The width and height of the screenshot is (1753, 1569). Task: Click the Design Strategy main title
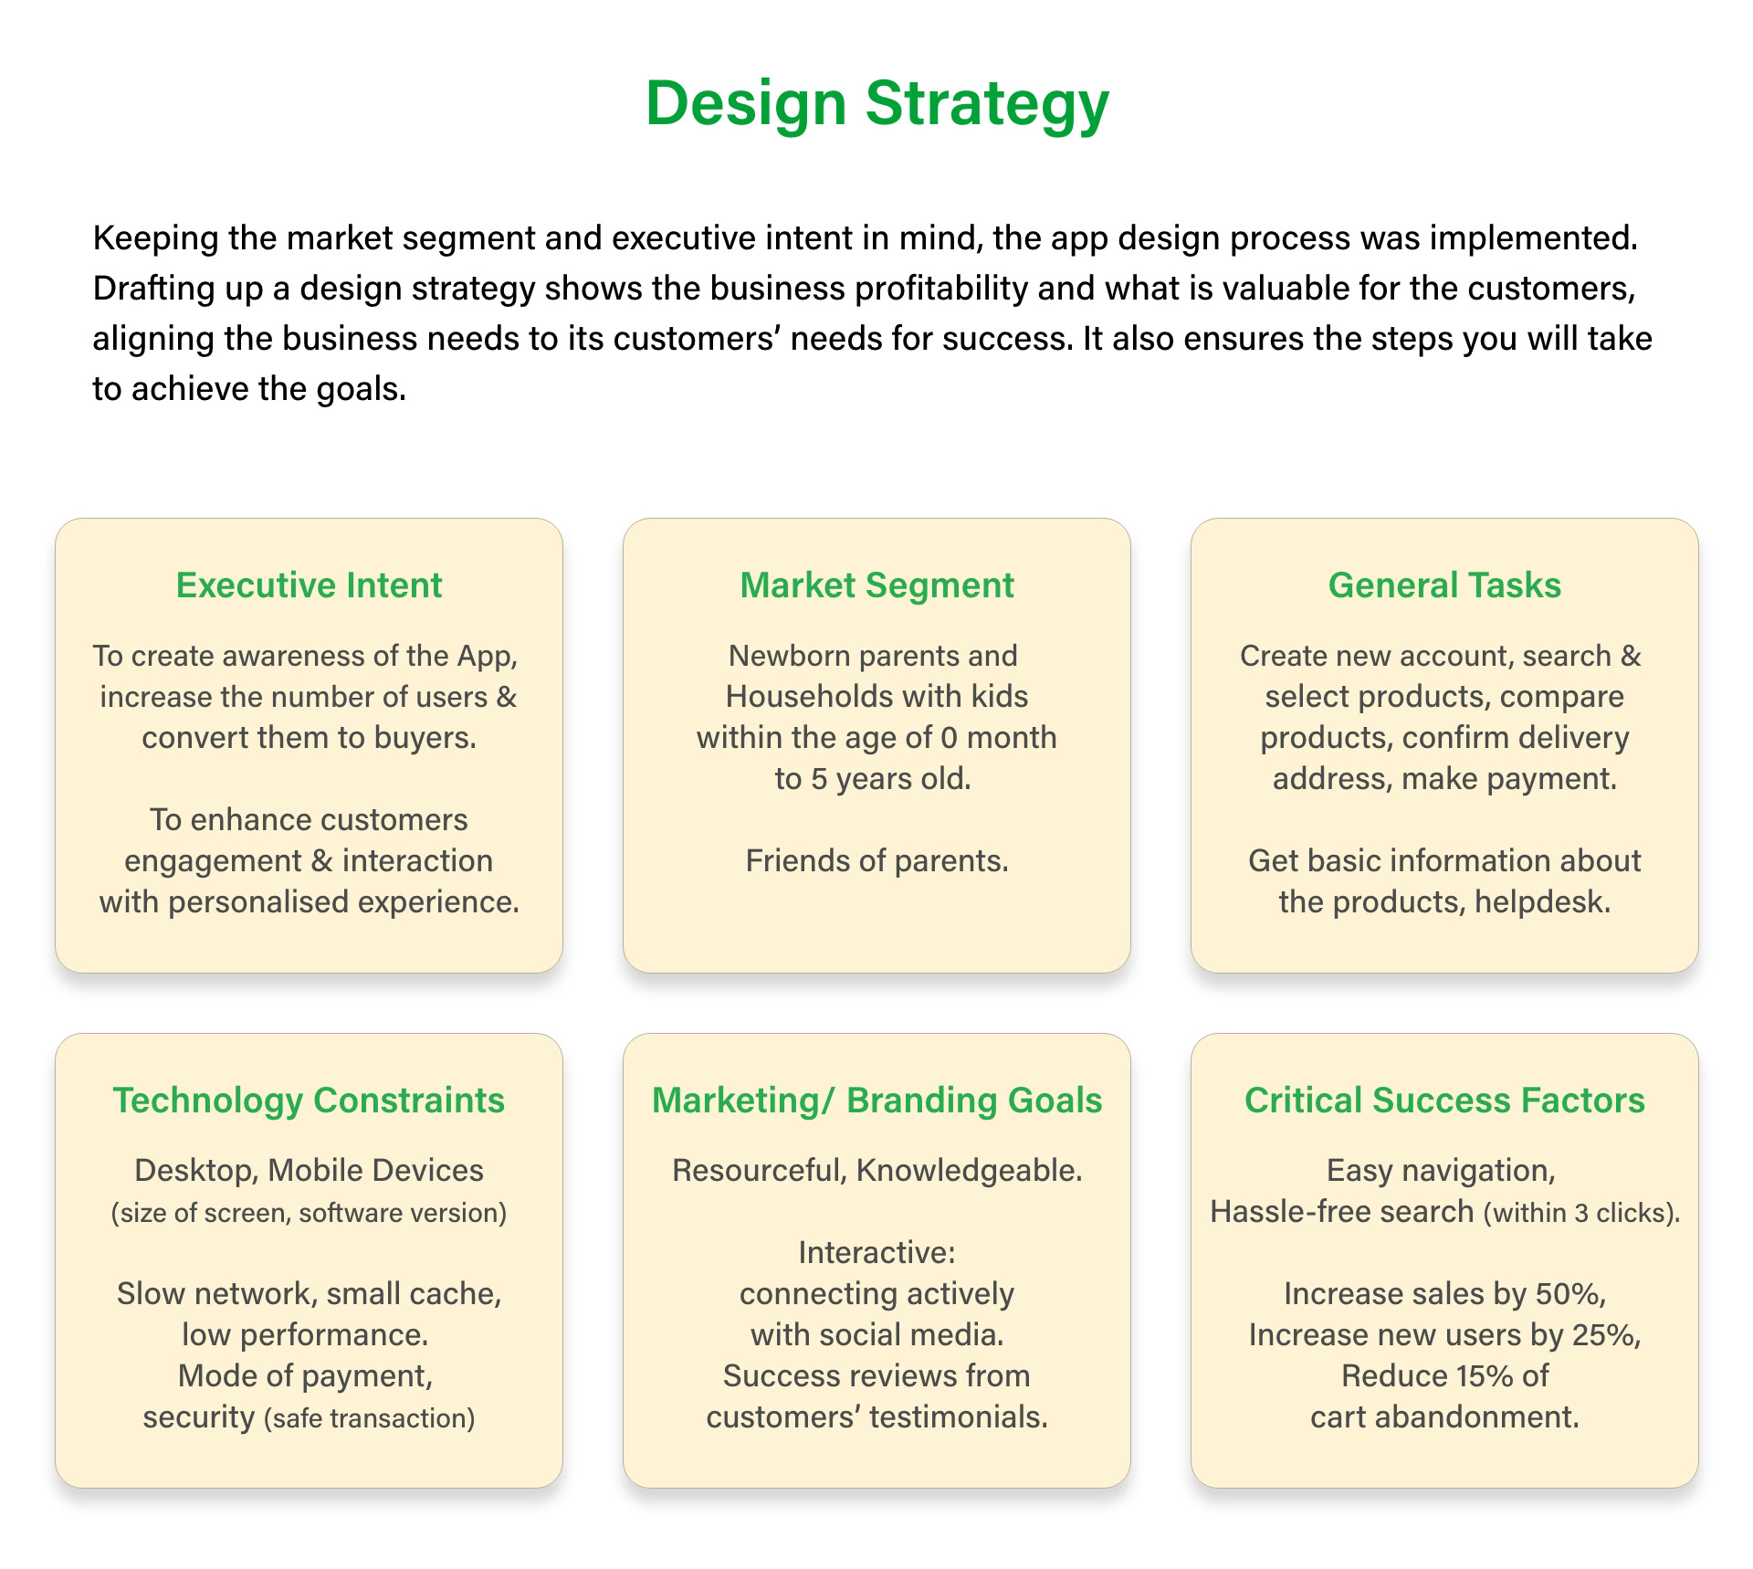876,103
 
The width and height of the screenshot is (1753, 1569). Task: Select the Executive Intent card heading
309,585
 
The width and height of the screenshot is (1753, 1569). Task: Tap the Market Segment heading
876,585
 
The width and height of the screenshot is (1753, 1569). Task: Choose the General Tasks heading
1444,585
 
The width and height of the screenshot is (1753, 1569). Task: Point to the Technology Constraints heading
309,1100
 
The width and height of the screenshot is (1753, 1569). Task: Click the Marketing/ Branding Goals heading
876,1100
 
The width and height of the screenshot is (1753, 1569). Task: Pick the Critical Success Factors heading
1444,1100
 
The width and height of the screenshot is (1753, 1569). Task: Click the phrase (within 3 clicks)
1581,1213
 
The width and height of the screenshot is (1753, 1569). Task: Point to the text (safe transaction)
370,1418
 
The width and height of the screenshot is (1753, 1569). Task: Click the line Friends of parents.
876,861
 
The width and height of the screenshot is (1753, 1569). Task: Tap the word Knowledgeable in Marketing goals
969,1171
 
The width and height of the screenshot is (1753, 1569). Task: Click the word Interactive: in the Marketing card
876,1253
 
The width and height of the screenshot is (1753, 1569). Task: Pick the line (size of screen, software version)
309,1213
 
